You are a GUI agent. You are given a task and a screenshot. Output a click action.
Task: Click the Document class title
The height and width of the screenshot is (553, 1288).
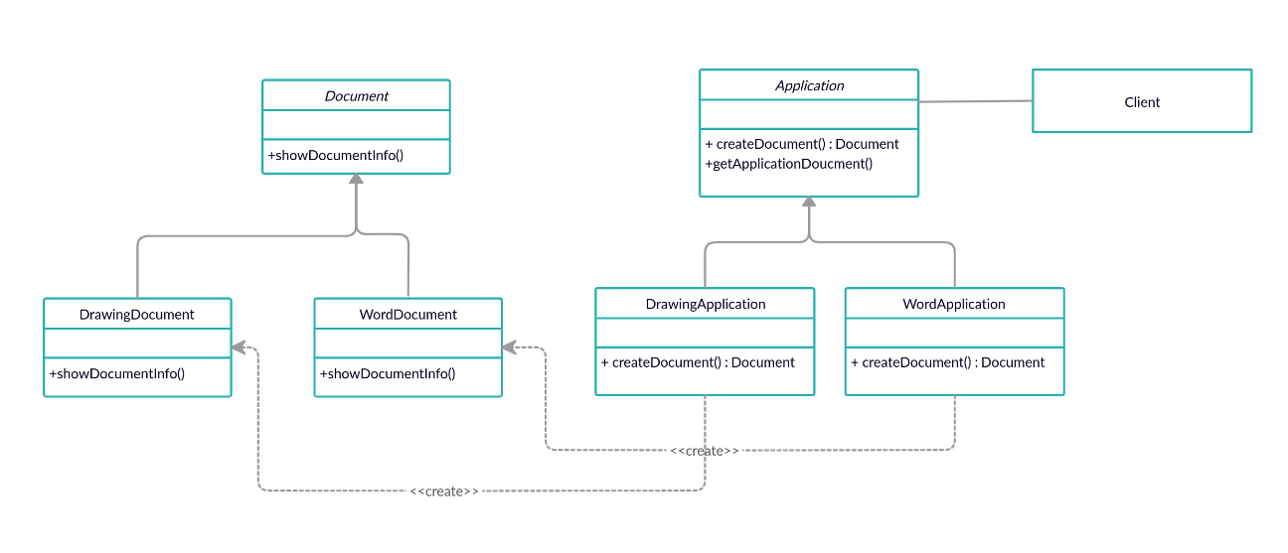coord(357,96)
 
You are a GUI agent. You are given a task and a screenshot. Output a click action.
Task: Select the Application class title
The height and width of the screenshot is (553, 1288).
coord(810,85)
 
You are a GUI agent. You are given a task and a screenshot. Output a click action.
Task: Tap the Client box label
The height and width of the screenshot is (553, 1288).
coord(1142,102)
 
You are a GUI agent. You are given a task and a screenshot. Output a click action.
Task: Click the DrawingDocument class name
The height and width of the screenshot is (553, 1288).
coord(137,315)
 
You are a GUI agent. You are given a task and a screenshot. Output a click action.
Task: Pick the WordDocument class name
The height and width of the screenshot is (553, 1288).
coord(408,315)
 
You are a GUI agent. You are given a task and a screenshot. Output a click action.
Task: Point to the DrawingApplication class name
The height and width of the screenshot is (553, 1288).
coord(706,305)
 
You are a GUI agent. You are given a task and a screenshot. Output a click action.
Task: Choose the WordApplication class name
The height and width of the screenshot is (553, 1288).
coord(954,305)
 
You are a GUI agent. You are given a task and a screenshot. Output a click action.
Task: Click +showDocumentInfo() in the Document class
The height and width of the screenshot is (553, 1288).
coord(336,155)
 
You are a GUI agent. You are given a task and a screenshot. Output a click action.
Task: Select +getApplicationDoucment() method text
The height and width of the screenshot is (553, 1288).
coord(789,164)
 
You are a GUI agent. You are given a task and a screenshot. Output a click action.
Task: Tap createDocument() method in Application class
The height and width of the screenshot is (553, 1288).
coord(802,144)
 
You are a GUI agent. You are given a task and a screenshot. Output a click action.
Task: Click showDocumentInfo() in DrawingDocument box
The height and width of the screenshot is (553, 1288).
coord(117,374)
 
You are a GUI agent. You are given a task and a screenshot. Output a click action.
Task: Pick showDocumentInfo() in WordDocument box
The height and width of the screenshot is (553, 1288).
coord(388,374)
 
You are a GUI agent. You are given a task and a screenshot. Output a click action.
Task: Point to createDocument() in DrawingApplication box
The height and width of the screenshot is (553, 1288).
coord(698,362)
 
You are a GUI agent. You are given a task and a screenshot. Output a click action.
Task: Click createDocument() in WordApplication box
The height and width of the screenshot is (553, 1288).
coord(947,362)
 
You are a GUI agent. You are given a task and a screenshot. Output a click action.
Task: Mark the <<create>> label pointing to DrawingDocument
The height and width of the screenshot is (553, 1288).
coord(444,491)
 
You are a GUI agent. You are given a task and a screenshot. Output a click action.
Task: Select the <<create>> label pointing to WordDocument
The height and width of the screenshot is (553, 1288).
coord(705,451)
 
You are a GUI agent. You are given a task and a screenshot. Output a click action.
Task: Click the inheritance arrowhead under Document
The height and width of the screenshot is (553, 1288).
coord(357,179)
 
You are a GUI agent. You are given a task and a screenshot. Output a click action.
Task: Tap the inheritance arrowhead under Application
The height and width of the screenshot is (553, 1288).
coord(809,201)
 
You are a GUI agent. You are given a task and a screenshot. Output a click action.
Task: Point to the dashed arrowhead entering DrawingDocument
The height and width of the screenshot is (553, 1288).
coord(239,347)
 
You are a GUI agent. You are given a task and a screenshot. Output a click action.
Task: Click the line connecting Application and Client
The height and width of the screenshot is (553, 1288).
coord(976,101)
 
